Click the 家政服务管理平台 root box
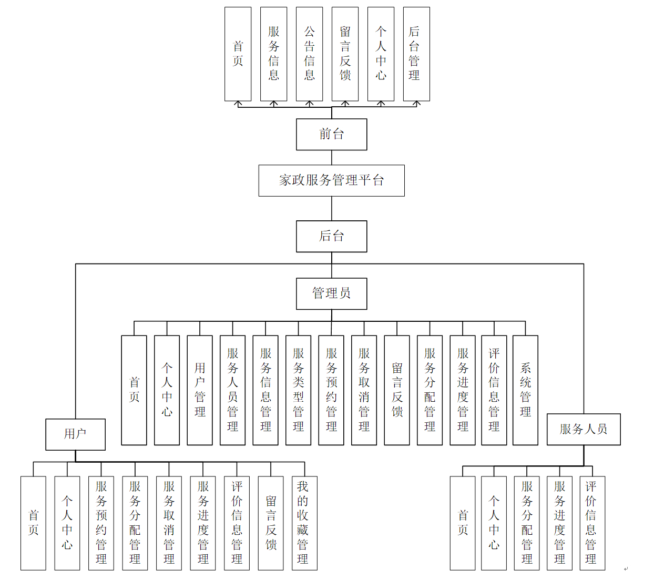coord(331,180)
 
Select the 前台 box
coord(331,134)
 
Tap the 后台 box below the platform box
coord(331,236)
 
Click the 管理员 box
coord(331,293)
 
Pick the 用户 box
coord(75,434)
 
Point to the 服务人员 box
coord(583,429)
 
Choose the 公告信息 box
coord(309,54)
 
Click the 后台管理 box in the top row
coord(416,54)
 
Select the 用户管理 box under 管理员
coord(200,390)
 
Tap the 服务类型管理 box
coord(298,390)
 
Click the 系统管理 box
coord(525,390)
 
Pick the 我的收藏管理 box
coord(304,523)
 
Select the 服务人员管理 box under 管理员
coord(232,390)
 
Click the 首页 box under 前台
coord(238,54)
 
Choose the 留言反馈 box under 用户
coord(271,523)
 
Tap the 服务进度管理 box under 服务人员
coord(559,523)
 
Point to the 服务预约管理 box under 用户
coord(101,523)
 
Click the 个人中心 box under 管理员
coord(167,390)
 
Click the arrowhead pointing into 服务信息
coord(273,104)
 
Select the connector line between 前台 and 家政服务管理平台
coord(331,157)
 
